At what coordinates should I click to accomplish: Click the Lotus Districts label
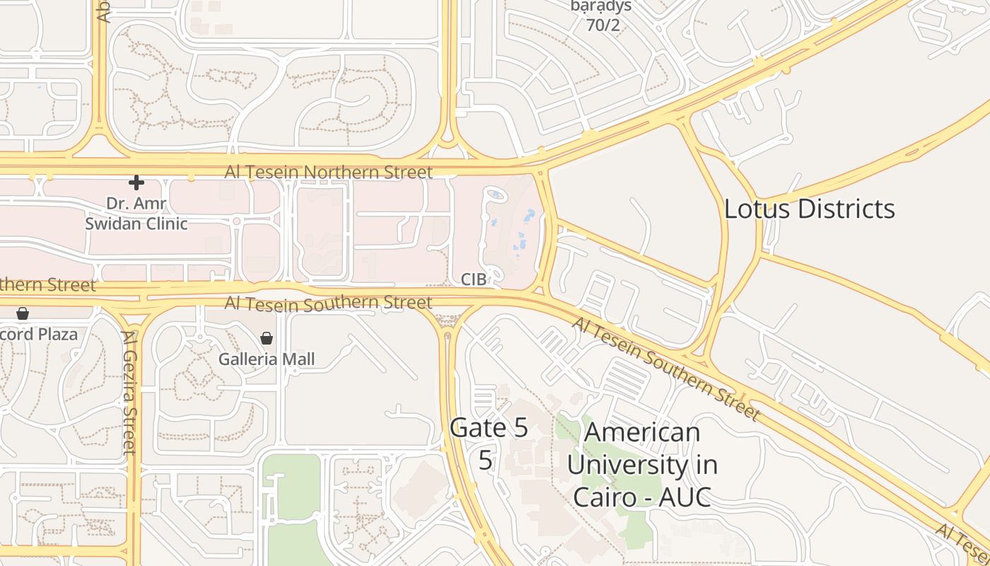coord(810,209)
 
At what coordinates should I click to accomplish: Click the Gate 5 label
coord(489,428)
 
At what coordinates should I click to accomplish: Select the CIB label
coord(473,279)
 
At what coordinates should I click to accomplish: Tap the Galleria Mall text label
coord(266,359)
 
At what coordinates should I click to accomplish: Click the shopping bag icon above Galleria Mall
coord(267,338)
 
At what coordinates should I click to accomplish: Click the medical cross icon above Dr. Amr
coord(136,183)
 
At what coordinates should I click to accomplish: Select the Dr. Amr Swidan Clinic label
coord(136,214)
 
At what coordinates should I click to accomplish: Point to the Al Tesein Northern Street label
coord(328,172)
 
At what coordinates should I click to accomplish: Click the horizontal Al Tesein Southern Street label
coord(328,304)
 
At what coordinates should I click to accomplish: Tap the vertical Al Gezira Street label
coord(129,393)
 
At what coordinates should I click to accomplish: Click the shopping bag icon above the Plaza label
coord(23,313)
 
